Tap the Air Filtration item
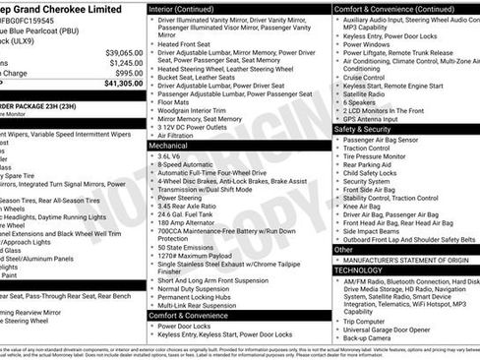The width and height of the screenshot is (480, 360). click(x=182, y=135)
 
